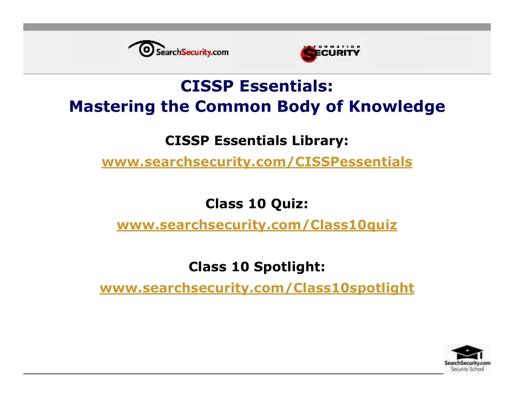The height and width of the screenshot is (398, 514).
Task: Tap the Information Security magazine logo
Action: pos(330,53)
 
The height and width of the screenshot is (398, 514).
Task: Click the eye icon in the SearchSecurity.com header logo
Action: pos(146,49)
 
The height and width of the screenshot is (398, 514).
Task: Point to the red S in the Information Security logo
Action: pos(308,54)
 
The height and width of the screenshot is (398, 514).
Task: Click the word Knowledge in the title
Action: pos(397,106)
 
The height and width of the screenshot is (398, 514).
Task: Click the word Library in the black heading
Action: pos(319,141)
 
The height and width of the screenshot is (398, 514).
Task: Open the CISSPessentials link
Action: pos(257,161)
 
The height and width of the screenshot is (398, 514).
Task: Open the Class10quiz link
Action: pos(257,225)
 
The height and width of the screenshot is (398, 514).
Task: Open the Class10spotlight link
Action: pos(257,288)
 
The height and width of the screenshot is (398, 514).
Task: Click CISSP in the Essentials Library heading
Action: pos(187,141)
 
